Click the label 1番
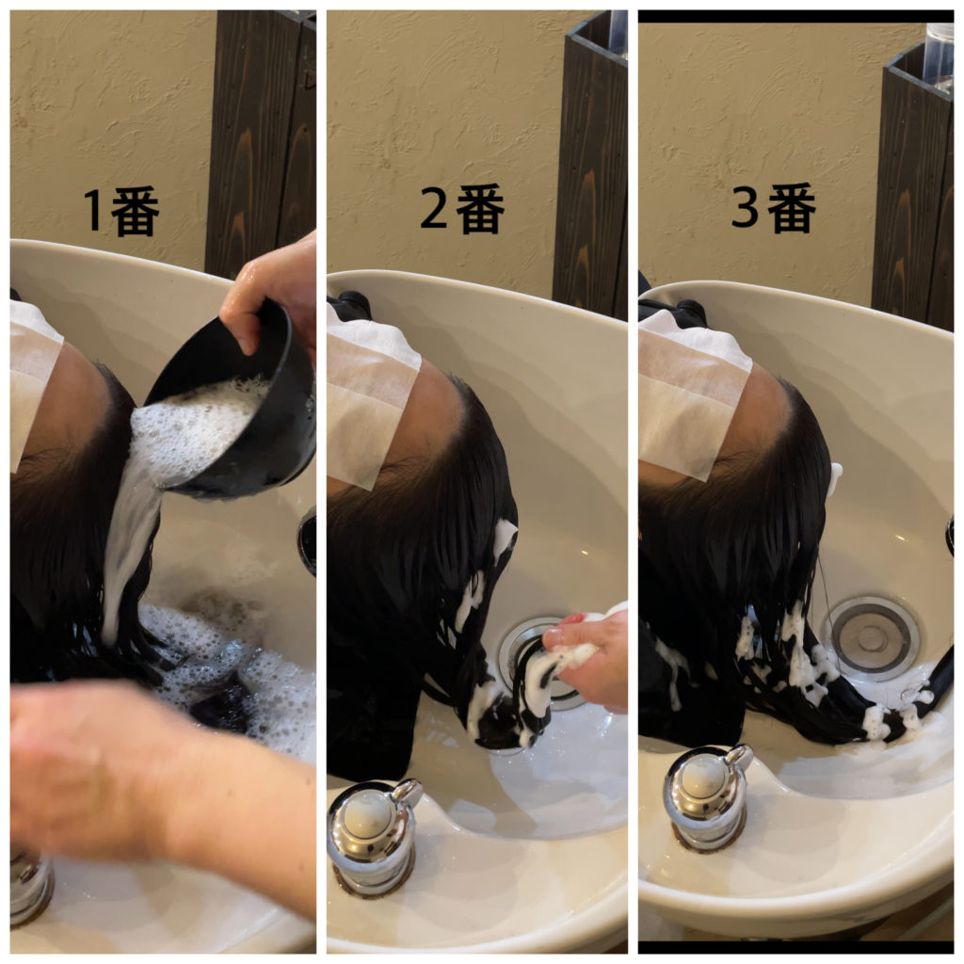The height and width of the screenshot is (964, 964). [x=121, y=211]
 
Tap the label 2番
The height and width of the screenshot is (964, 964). [x=462, y=208]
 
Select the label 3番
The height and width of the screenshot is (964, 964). [x=774, y=207]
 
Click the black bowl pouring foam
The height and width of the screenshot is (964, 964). [x=240, y=406]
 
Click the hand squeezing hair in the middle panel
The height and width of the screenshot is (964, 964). [x=587, y=658]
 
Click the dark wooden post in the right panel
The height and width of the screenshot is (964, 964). [x=913, y=190]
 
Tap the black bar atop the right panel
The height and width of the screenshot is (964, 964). [x=796, y=17]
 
